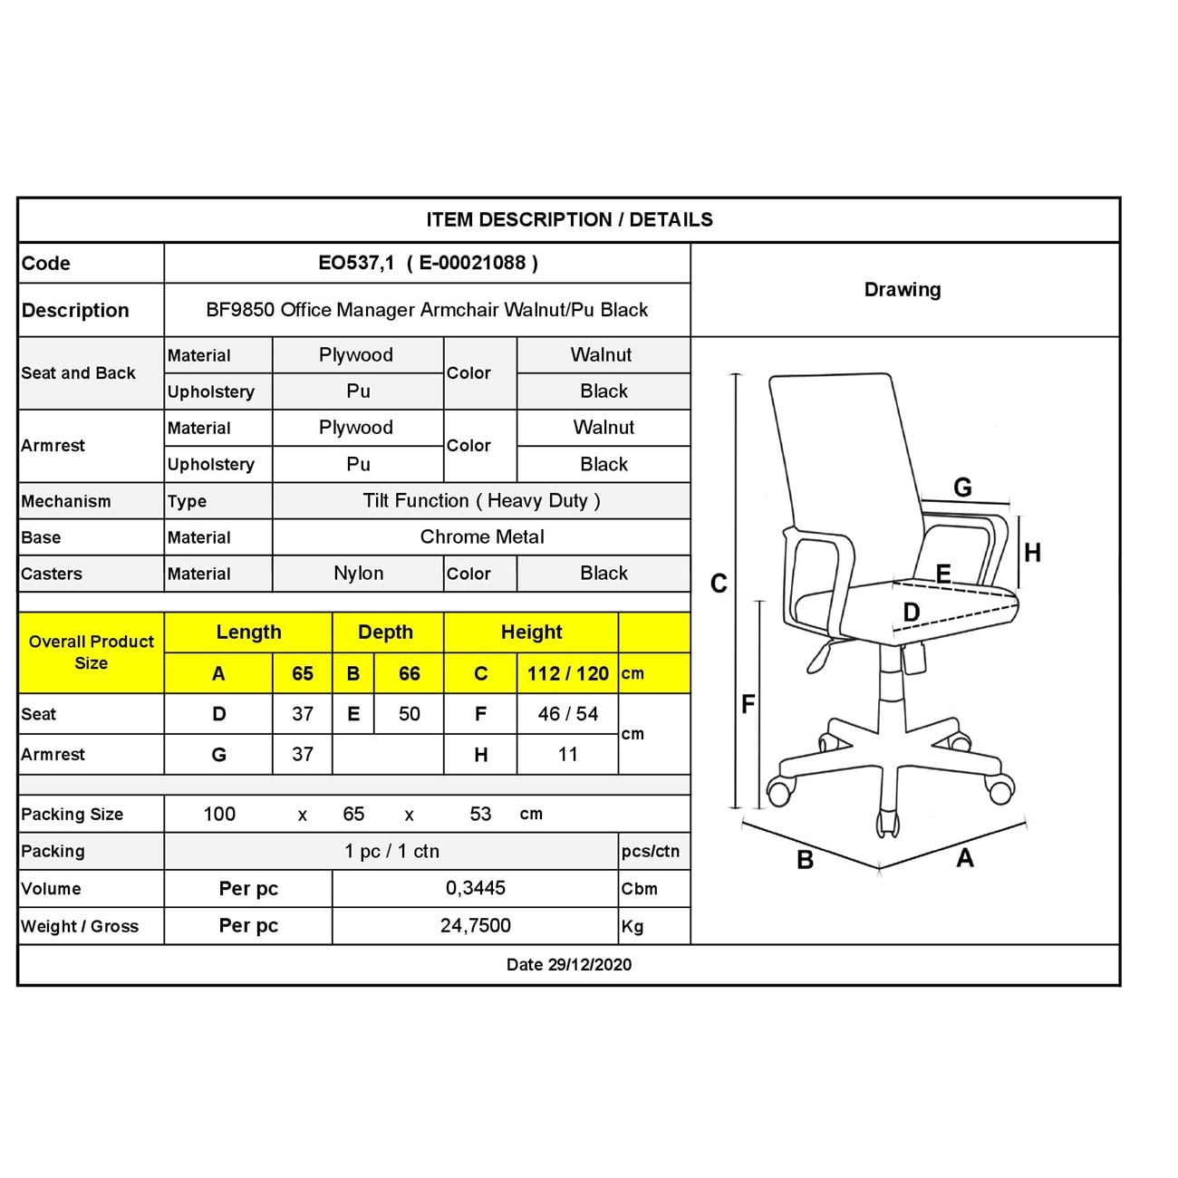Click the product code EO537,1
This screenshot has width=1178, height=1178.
(356, 263)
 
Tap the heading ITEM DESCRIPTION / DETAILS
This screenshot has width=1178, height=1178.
(569, 219)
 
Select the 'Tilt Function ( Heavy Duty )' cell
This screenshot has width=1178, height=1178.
(481, 500)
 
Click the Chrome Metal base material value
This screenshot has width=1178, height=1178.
(481, 536)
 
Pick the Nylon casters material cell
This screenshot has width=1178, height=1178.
(358, 574)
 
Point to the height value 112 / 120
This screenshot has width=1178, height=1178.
(567, 673)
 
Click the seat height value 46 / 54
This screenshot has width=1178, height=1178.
(567, 714)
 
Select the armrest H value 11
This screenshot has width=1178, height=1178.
(567, 754)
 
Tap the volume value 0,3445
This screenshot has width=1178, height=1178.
(475, 888)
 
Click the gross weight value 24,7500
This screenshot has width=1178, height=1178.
(475, 925)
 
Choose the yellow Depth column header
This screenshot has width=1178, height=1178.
(385, 632)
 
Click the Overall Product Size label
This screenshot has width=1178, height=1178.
(91, 652)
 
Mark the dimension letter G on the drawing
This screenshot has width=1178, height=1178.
(962, 488)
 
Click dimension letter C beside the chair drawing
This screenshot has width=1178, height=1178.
(719, 584)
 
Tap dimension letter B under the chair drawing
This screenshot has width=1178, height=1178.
(805, 860)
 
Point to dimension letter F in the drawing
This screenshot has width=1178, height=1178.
(748, 703)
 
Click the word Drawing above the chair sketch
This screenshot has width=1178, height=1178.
(903, 290)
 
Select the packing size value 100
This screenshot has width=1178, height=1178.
(219, 814)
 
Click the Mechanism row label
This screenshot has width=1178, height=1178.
(66, 501)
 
